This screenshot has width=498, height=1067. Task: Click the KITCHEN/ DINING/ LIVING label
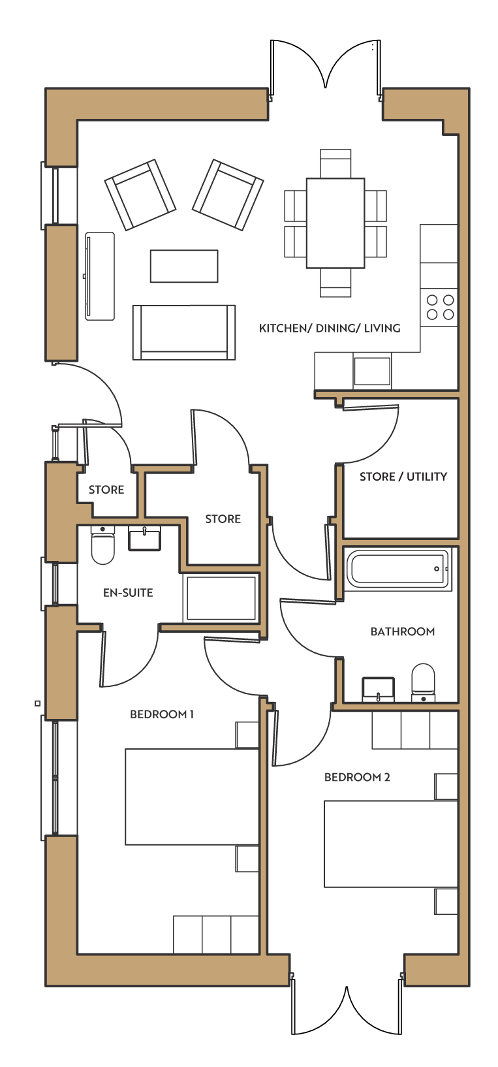(330, 328)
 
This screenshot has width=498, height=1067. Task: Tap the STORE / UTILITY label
(403, 477)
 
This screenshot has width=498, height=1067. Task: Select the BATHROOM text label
(403, 631)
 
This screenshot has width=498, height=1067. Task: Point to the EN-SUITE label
(128, 592)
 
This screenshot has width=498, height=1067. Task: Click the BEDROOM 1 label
(162, 714)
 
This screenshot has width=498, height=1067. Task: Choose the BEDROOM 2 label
(357, 777)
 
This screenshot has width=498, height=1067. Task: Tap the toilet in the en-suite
(102, 545)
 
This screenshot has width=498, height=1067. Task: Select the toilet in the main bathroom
(423, 683)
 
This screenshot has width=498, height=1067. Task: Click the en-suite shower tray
(221, 598)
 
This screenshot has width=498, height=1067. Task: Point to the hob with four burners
(440, 308)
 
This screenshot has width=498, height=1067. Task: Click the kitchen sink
(372, 371)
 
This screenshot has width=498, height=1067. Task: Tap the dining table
(335, 223)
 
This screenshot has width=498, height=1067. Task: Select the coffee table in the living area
(184, 266)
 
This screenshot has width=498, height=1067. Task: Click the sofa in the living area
(184, 332)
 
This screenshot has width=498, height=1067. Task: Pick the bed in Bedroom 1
(192, 797)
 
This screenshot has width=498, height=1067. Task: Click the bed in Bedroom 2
(391, 844)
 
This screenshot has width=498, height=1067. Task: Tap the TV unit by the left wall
(99, 276)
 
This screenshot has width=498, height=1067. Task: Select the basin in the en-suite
(145, 538)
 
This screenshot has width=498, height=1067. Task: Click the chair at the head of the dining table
(335, 164)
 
